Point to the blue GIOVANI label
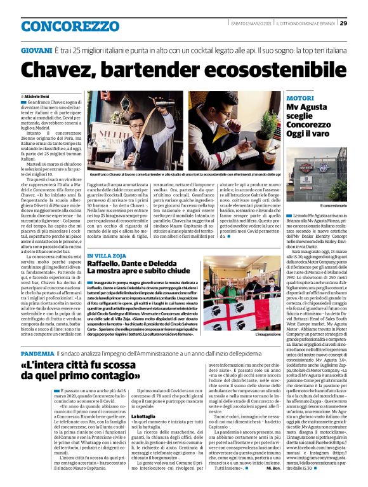coord(36,49)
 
